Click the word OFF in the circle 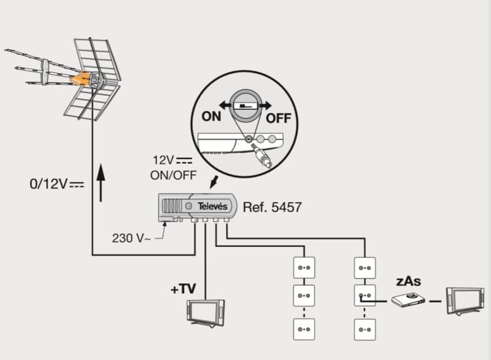pyautogui.click(x=278, y=117)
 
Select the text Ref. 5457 pyautogui.click(x=272, y=207)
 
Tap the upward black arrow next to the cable pyautogui.click(x=101, y=181)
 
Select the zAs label pyautogui.click(x=408, y=281)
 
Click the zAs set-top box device pyautogui.click(x=408, y=300)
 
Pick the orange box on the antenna pyautogui.click(x=81, y=79)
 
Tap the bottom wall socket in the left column pyautogui.click(x=304, y=330)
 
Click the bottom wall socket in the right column pyautogui.click(x=365, y=330)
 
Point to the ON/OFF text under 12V pyautogui.click(x=173, y=175)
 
